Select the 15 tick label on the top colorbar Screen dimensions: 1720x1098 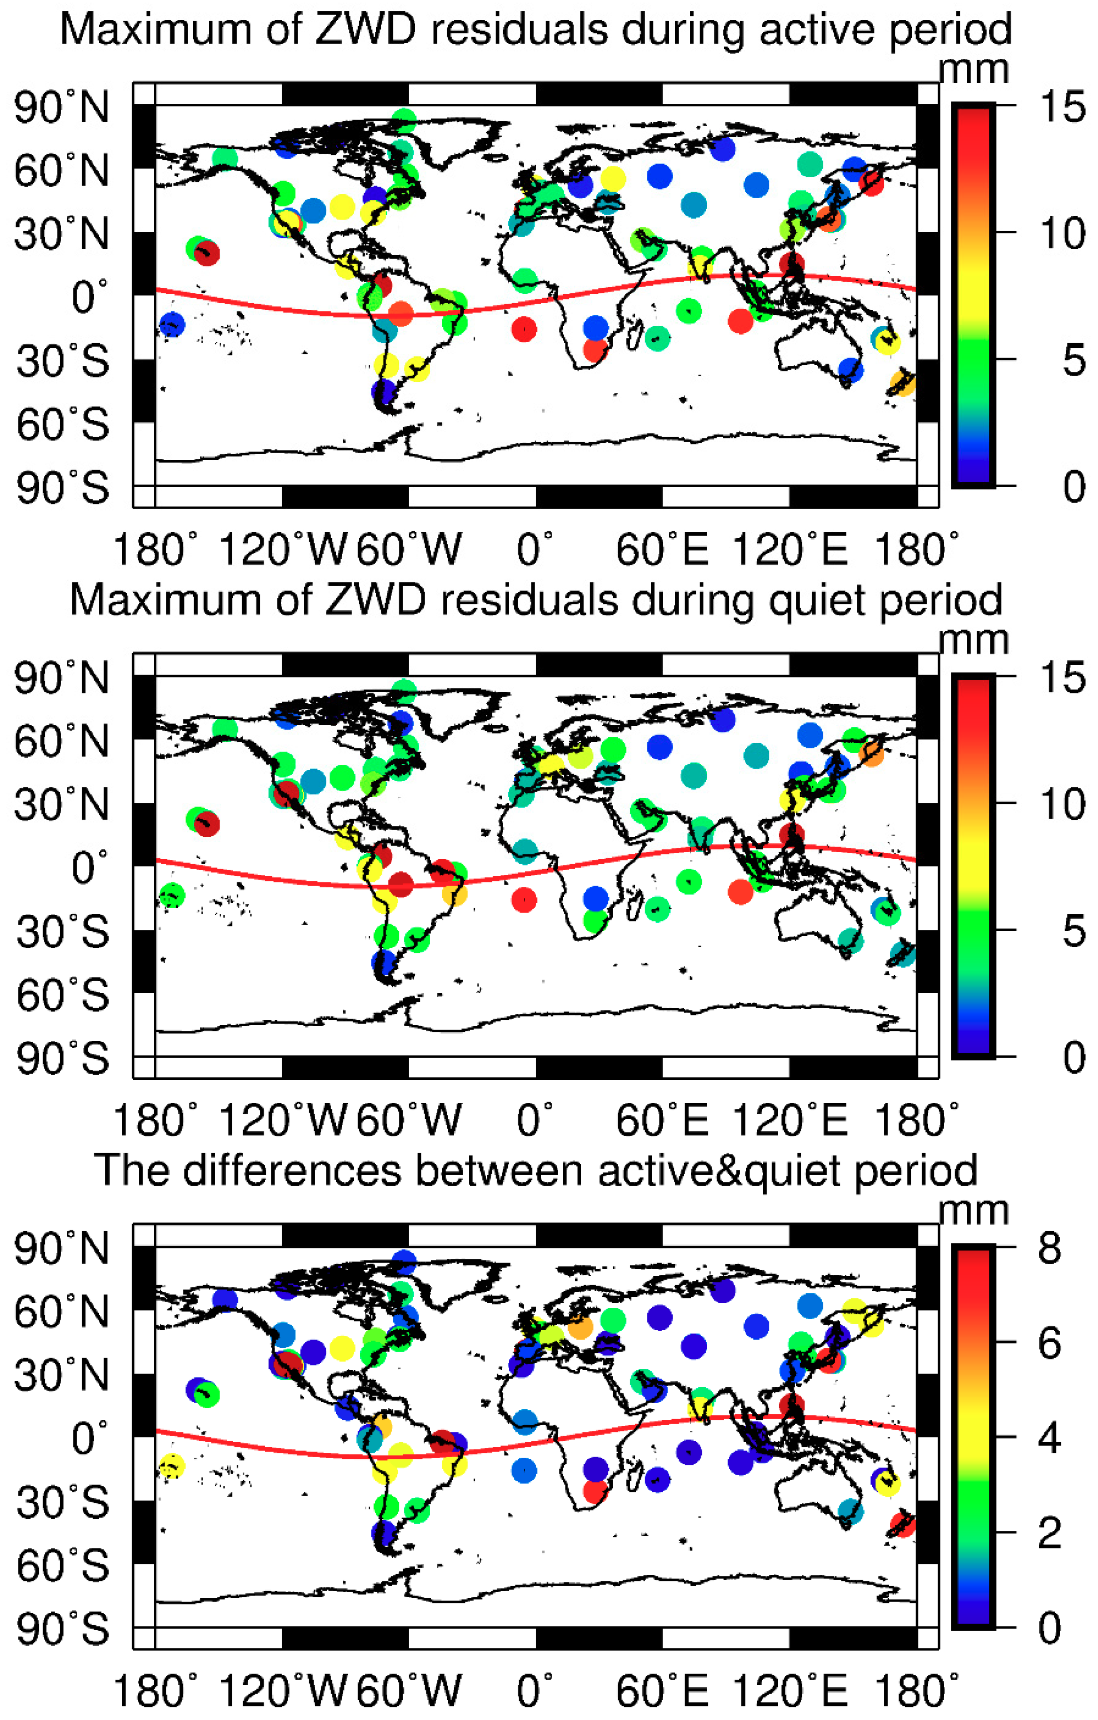coord(1062,109)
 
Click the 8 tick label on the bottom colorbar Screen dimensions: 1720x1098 coord(1050,1250)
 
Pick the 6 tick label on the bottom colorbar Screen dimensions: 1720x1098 coord(1050,1344)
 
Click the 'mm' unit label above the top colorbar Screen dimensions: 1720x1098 coord(973,70)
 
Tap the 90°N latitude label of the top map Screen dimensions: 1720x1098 coord(62,109)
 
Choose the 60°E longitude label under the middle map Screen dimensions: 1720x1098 coord(662,1120)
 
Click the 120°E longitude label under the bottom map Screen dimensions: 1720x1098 coord(790,1691)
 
